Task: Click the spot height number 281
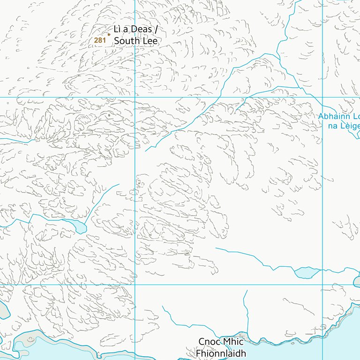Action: pyautogui.click(x=100, y=40)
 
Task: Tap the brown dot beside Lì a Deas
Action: pyautogui.click(x=109, y=34)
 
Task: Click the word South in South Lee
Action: pyautogui.click(x=125, y=41)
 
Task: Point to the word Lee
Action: pyautogui.click(x=149, y=41)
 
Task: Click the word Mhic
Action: pyautogui.click(x=233, y=342)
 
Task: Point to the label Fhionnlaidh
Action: pyautogui.click(x=220, y=353)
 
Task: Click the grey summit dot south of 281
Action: pyautogui.click(x=109, y=114)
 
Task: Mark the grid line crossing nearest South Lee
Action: pyautogui.click(x=135, y=97)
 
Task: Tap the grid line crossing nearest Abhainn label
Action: pyautogui.click(x=322, y=97)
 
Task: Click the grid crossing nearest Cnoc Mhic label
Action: pyautogui.click(x=135, y=285)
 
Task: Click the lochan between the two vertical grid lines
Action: pyautogui.click(x=305, y=272)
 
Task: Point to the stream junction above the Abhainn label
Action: pyautogui.click(x=300, y=88)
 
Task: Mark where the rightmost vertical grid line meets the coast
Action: pyautogui.click(x=322, y=336)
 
